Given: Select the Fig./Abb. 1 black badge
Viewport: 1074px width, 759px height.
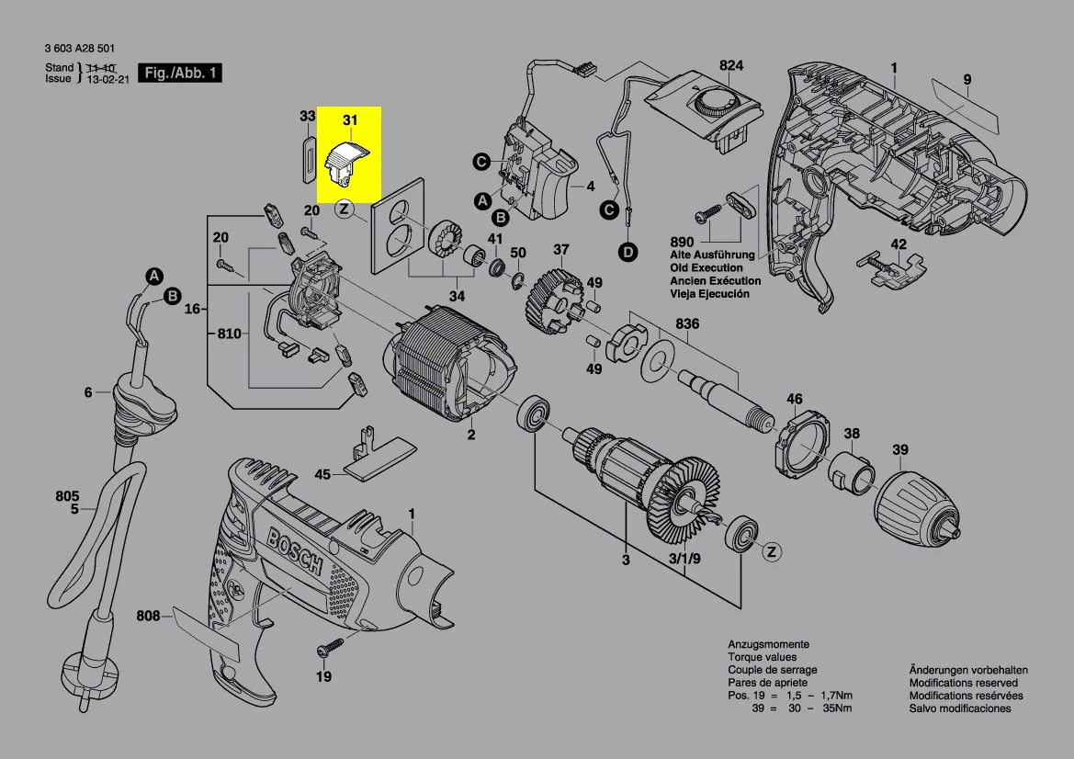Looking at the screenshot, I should tap(179, 73).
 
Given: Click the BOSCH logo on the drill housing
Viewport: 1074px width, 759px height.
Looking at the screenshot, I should tap(296, 551).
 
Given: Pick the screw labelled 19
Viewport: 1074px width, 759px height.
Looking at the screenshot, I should tap(327, 650).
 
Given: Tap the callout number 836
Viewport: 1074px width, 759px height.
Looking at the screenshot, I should tap(687, 323).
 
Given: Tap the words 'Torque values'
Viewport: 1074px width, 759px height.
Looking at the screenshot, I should tap(762, 658).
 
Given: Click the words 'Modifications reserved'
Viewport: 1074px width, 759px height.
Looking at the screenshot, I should tap(963, 683).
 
